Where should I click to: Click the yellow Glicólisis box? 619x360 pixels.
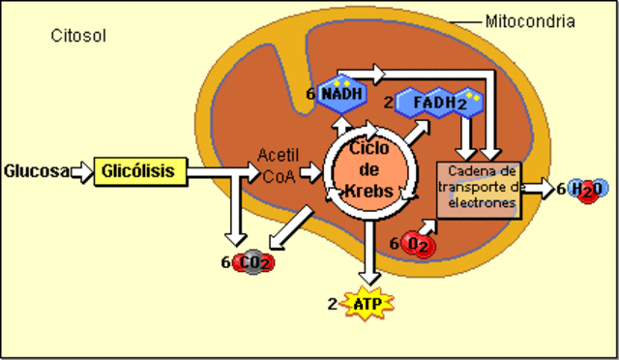(x=138, y=171)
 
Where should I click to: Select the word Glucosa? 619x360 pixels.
(x=36, y=172)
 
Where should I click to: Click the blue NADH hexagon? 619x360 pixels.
(x=343, y=92)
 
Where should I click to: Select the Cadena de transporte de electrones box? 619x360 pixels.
(x=479, y=188)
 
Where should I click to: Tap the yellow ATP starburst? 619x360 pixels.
(x=367, y=304)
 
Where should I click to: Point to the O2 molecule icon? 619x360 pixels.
(x=419, y=244)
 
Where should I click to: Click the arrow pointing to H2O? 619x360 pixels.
(x=538, y=189)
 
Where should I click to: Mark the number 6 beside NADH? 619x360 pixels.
(x=310, y=94)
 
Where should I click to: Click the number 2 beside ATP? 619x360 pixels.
(x=332, y=304)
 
